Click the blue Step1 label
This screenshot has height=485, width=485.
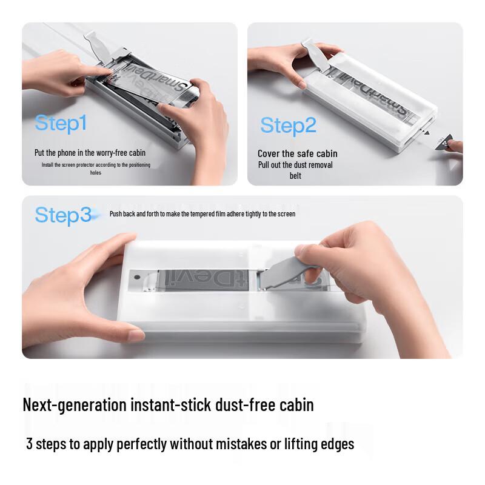pos(61,123)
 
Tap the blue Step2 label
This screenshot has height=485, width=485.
pos(288,125)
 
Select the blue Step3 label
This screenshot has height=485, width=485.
pos(62,215)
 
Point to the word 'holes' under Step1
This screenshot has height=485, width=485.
pos(96,173)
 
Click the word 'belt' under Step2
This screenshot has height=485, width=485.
pos(295,176)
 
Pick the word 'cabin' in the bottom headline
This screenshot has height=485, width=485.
pos(295,404)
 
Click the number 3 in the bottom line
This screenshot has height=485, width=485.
pos(29,444)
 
